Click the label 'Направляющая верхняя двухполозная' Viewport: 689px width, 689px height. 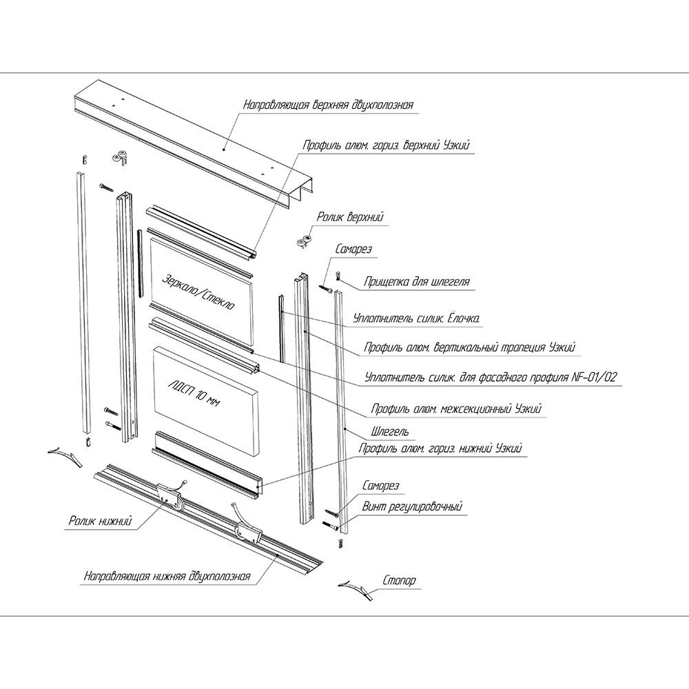pyautogui.click(x=328, y=105)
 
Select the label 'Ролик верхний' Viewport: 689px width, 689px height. pyautogui.click(x=350, y=218)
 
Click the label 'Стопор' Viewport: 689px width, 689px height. pyautogui.click(x=399, y=581)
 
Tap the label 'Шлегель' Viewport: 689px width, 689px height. pyautogui.click(x=390, y=432)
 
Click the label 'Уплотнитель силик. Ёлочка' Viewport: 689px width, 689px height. pyautogui.click(x=416, y=319)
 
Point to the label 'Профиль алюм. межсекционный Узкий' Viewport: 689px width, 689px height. pyautogui.click(x=456, y=409)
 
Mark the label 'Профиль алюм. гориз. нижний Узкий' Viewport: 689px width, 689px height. pyautogui.click(x=441, y=449)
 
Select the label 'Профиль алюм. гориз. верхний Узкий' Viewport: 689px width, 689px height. pyautogui.click(x=387, y=146)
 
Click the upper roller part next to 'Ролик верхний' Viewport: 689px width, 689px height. pyautogui.click(x=304, y=241)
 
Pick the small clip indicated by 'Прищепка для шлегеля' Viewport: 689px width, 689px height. pyautogui.click(x=338, y=276)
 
